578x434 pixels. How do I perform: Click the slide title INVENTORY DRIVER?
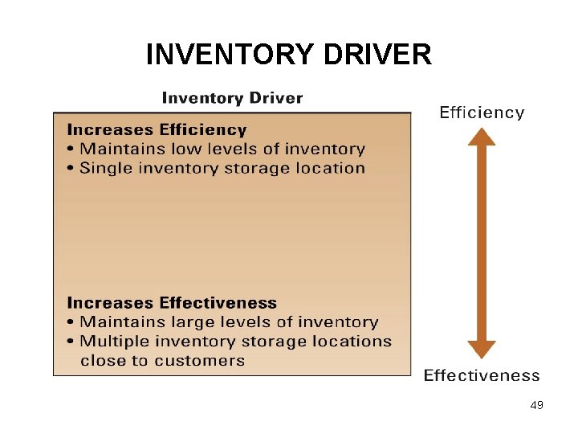click(289, 55)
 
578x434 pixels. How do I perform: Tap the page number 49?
click(537, 406)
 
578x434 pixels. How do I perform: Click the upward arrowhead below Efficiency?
click(482, 137)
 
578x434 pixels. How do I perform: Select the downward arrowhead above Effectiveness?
click(482, 349)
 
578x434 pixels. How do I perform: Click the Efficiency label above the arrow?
click(482, 113)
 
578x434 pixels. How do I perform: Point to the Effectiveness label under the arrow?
click(482, 375)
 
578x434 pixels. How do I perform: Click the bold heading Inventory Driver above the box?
click(232, 98)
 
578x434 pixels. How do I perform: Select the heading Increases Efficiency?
click(157, 129)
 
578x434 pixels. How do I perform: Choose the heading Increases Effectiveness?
click(172, 303)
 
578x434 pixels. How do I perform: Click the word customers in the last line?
click(200, 361)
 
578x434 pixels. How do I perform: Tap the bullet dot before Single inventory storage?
click(71, 169)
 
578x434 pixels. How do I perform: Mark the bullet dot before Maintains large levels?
click(71, 323)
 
